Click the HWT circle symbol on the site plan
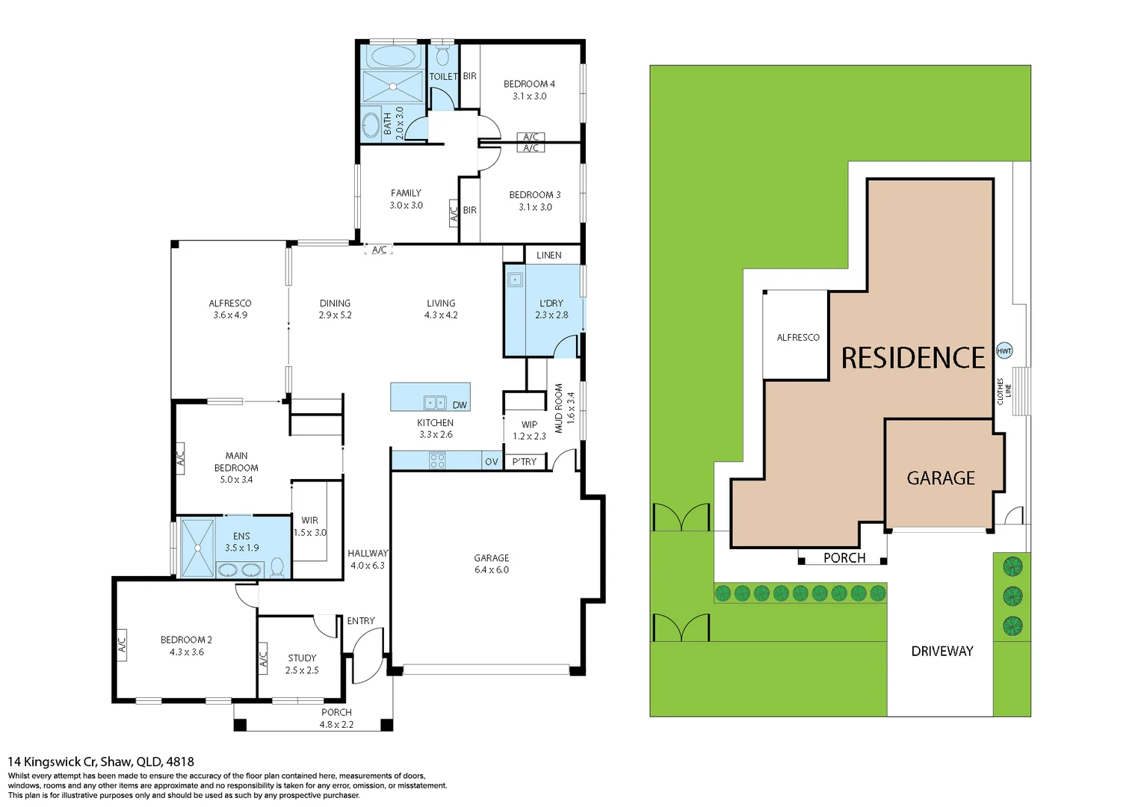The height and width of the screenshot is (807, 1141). coord(1004,351)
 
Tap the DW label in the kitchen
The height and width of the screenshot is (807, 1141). coord(460,405)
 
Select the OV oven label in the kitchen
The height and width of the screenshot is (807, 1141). coord(491,462)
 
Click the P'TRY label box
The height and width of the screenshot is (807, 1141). coord(525,462)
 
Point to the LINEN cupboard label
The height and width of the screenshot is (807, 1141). coord(548,256)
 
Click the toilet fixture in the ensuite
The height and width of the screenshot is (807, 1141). coord(277,567)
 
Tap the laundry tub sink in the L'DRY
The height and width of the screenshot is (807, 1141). coord(515,280)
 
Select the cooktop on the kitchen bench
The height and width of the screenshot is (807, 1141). coord(438,460)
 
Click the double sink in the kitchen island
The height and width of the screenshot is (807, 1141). coord(435,403)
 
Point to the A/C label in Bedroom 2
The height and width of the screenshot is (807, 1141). coord(122,641)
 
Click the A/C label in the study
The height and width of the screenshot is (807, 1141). coord(263,659)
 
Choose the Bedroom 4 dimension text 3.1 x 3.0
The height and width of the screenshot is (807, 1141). coord(529,96)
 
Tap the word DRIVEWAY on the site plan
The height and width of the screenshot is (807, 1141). coord(941,651)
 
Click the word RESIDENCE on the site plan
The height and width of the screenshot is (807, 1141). coord(913,358)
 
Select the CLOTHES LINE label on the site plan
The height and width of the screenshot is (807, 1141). coord(1004,391)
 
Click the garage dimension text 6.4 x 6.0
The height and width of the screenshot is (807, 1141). coord(491,570)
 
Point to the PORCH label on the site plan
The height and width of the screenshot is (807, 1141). coord(844,558)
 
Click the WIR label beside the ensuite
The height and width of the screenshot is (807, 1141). coord(309,520)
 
